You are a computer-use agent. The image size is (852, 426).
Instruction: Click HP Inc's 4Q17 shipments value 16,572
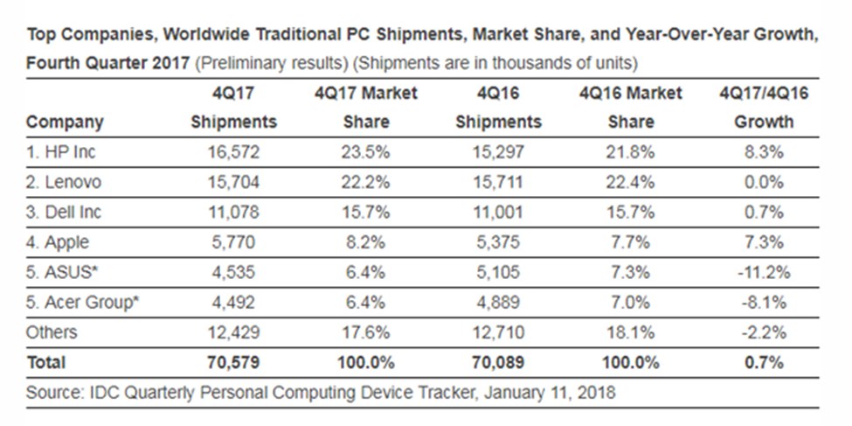pos(233,152)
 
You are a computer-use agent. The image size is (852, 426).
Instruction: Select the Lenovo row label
pos(63,182)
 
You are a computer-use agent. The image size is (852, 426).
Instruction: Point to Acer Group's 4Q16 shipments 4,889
pos(498,302)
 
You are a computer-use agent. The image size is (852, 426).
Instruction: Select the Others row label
pos(52,332)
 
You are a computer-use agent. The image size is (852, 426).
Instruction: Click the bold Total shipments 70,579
pos(233,362)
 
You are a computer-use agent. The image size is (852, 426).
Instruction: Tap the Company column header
pos(65,122)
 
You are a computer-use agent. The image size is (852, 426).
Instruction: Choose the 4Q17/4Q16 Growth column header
pos(758,107)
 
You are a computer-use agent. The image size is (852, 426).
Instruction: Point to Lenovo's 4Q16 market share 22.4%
pos(631,182)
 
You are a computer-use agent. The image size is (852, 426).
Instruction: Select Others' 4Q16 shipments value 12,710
pos(498,332)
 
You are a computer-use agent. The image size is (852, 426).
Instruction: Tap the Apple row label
pos(58,242)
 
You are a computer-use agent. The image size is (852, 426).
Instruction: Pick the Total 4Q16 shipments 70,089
pos(498,362)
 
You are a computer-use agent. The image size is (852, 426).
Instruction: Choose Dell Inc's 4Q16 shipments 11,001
pos(498,212)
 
